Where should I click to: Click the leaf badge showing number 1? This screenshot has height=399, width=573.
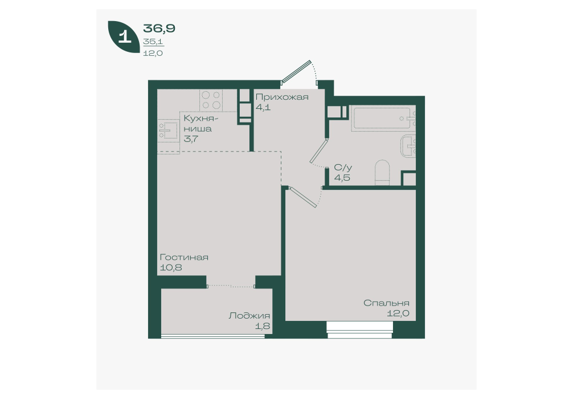[124, 37]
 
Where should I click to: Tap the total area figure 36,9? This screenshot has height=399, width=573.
[159, 28]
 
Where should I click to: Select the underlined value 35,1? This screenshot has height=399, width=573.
[153, 42]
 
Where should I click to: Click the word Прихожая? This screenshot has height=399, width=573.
[282, 97]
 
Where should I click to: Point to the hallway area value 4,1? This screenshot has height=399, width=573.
[263, 108]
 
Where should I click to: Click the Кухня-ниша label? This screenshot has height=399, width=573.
[201, 124]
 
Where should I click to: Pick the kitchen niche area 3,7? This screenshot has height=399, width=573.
[191, 139]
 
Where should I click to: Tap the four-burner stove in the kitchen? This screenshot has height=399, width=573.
[211, 100]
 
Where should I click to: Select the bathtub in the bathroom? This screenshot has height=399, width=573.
[383, 118]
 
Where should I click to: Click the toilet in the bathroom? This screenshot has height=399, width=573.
[382, 172]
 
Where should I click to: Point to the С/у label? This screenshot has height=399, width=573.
[343, 168]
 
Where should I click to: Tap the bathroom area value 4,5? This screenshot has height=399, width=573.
[342, 178]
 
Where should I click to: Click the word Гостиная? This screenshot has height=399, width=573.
[184, 257]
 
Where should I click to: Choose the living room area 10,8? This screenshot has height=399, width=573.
[171, 268]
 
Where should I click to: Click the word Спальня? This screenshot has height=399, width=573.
[386, 303]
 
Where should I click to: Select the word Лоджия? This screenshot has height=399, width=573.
[249, 316]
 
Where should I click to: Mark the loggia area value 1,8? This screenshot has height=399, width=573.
[263, 326]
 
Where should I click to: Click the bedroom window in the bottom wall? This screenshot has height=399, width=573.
[359, 330]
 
